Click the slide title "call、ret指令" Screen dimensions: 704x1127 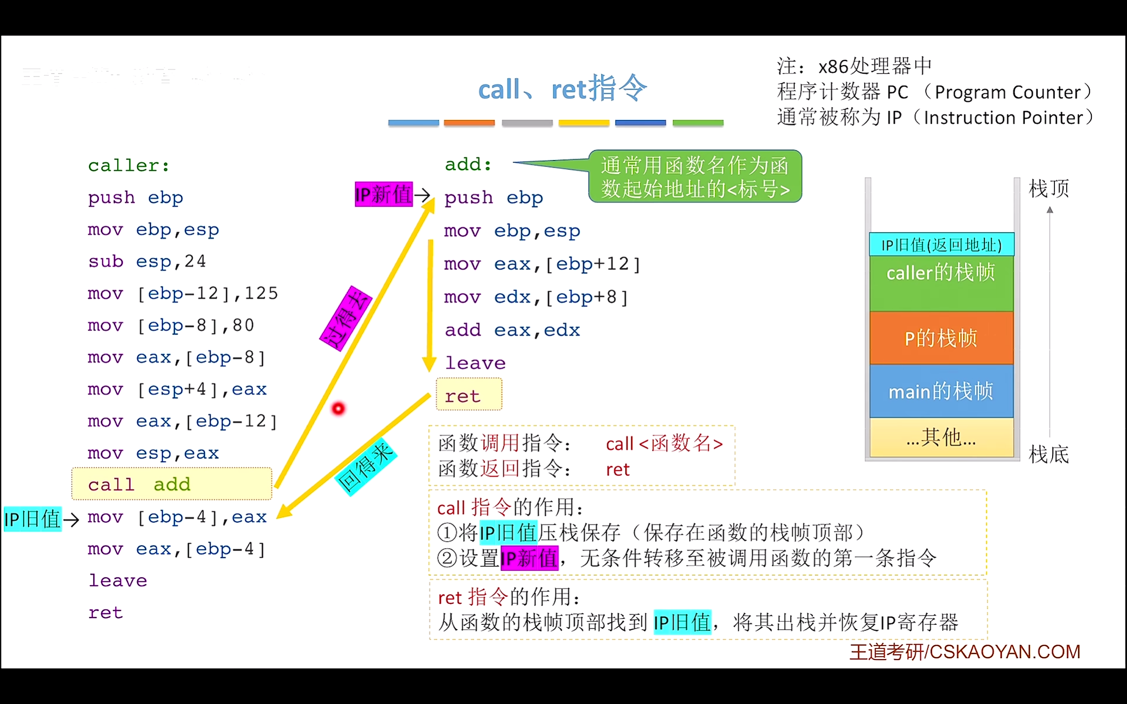562,88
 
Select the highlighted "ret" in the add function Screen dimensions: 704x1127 468,395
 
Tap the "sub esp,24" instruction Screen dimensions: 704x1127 147,262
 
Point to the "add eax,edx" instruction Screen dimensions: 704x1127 512,330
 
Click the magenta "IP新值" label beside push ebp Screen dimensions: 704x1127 383,194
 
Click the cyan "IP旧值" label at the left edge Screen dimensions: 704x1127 32,519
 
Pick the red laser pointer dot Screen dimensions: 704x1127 338,409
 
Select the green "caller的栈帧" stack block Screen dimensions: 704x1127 941,283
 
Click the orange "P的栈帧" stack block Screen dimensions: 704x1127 941,338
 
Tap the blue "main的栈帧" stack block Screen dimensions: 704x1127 941,391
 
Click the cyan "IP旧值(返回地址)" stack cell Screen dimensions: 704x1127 941,245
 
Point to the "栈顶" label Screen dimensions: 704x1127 1049,189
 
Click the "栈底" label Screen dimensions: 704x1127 1049,455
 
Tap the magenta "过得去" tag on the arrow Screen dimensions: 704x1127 346,319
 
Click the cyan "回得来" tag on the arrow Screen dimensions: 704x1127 366,467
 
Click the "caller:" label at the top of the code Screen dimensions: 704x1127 129,165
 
